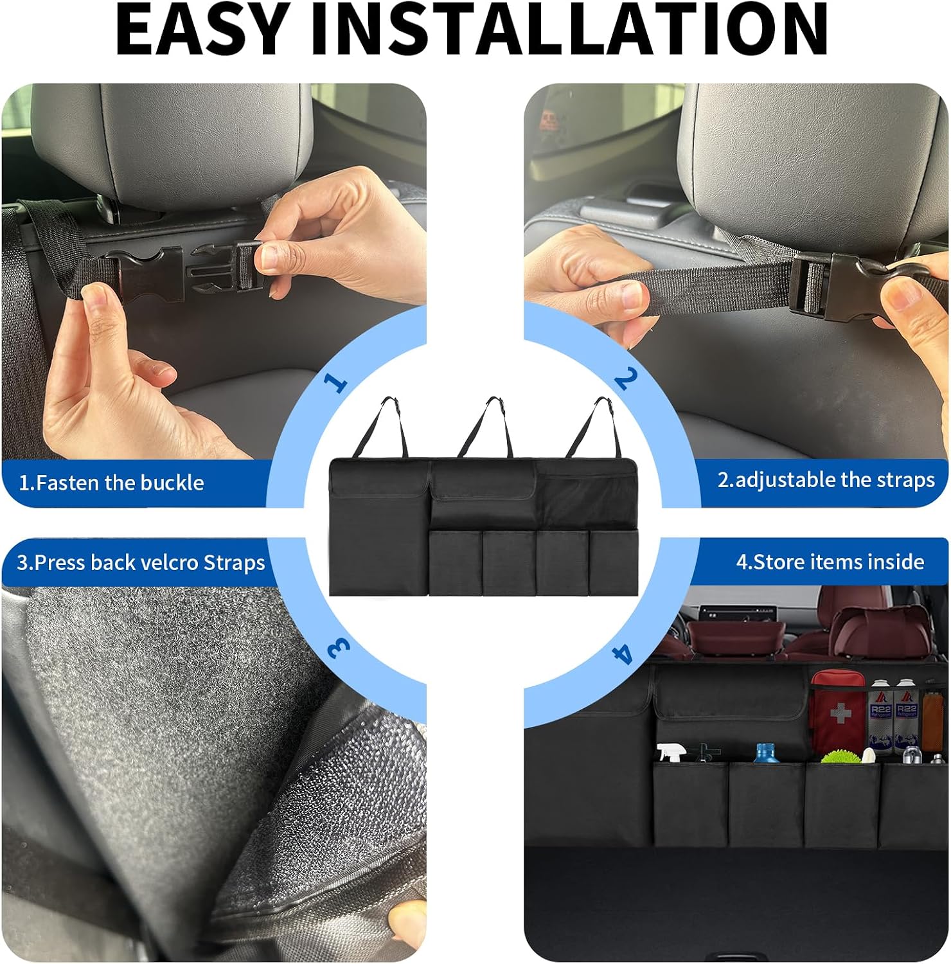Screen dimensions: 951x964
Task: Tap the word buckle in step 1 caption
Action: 172,483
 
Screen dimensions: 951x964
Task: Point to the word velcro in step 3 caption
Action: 169,562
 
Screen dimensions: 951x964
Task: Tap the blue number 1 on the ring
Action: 335,382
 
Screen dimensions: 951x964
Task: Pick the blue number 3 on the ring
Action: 339,648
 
